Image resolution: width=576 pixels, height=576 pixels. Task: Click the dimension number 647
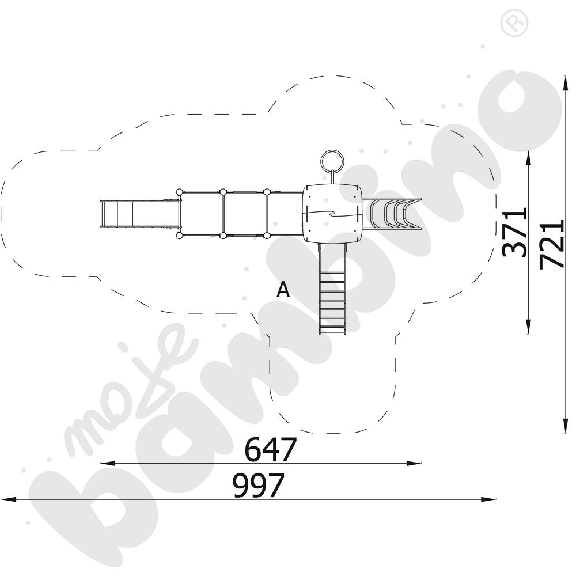270,449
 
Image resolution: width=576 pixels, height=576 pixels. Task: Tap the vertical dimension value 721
551,244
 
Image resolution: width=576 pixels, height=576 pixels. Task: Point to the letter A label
283,290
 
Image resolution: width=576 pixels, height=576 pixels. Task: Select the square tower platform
333,214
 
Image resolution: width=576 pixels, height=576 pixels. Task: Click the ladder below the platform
333,289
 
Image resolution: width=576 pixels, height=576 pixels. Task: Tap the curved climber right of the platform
392,214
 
